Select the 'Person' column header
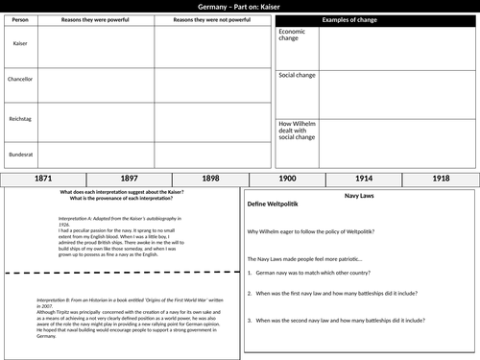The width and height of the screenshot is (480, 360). click(19, 19)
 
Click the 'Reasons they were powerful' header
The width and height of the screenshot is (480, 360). click(93, 19)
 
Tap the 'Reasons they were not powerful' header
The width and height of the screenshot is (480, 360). click(204, 19)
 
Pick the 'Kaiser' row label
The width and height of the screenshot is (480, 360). click(19, 44)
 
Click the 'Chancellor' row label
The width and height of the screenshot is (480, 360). click(19, 80)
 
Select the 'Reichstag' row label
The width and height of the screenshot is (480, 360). click(19, 117)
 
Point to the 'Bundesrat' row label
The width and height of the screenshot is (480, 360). click(19, 154)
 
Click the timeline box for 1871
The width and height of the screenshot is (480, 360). click(42, 180)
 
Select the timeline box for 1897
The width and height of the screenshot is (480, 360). click(128, 180)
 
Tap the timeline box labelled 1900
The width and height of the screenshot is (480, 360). click(286, 180)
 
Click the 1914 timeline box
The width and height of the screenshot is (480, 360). click(366, 180)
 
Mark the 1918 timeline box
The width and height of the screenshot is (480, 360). click(440, 180)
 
